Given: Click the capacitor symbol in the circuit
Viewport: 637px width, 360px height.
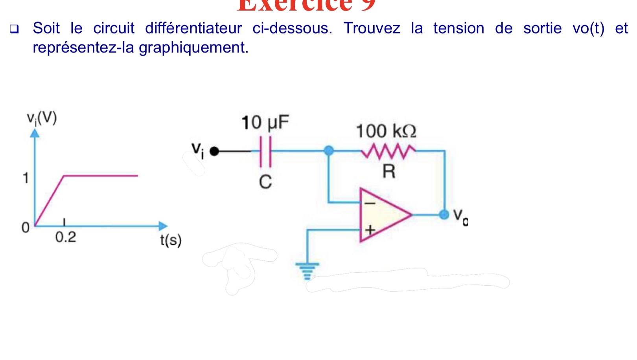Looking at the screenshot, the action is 265,151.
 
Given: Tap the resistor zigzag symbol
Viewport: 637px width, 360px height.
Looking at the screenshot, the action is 388,151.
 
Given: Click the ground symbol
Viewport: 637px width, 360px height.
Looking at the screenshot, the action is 307,270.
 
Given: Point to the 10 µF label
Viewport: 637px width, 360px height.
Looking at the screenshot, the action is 265,123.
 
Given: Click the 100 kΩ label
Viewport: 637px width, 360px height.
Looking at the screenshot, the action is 386,131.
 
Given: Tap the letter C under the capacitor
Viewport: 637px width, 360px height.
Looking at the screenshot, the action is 265,182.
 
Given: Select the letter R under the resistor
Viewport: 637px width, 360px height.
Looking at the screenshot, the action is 388,172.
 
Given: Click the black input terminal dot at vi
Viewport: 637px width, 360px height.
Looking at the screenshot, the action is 214,151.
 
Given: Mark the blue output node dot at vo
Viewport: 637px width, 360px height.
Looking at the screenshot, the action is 444,215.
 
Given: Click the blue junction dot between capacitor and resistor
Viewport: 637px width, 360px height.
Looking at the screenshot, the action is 329,151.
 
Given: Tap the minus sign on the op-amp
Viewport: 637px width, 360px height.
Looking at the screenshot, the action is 370,204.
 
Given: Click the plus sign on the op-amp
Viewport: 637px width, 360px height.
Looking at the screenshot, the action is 370,230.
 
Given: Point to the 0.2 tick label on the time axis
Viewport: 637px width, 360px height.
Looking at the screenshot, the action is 65,237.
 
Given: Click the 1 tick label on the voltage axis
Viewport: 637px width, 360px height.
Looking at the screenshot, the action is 26,178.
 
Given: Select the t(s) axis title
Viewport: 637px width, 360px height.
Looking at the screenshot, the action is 171,240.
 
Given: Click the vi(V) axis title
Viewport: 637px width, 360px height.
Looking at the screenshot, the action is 42,118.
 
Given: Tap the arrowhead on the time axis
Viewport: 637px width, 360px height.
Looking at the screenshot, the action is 163,226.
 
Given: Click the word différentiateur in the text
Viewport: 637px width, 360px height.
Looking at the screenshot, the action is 193,28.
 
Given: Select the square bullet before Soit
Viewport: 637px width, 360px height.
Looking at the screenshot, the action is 14,29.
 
